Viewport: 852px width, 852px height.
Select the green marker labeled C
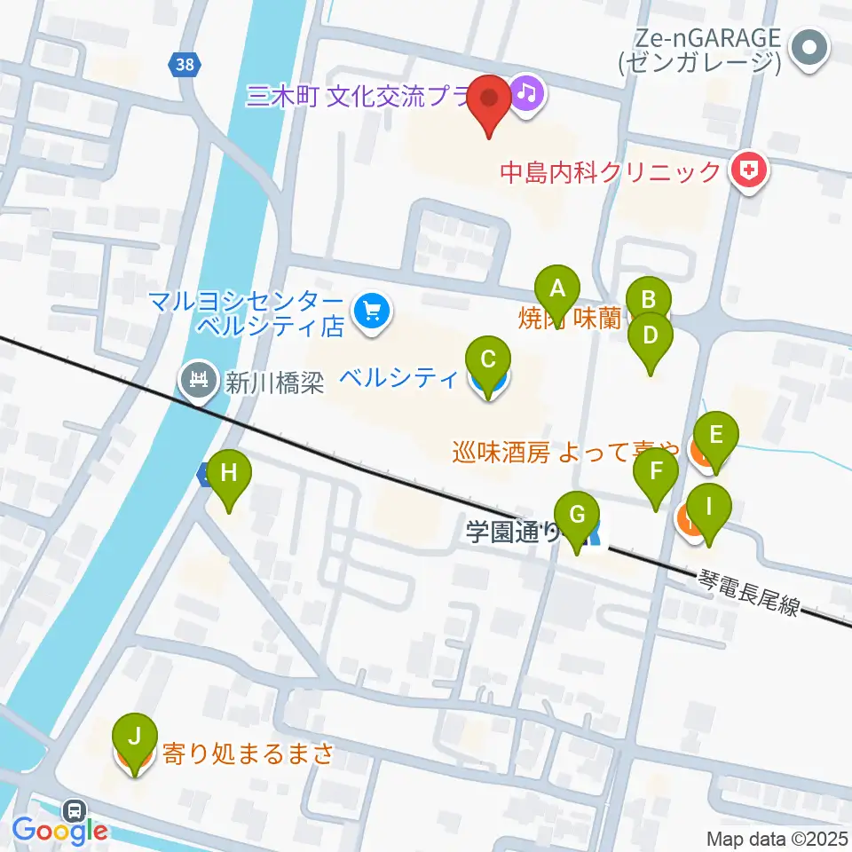tap(487, 360)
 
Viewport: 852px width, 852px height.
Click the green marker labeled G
tap(577, 515)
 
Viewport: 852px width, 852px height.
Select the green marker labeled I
tap(708, 507)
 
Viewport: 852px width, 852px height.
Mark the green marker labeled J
tap(135, 737)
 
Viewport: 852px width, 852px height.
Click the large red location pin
tap(489, 99)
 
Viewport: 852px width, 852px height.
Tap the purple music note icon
tap(527, 92)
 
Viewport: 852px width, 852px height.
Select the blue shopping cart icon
tap(370, 312)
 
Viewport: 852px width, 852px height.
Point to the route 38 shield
tap(185, 64)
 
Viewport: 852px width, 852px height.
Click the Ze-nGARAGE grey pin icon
tap(809, 48)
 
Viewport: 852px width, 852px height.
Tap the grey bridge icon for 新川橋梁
tap(196, 381)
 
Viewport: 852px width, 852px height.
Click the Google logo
tap(59, 831)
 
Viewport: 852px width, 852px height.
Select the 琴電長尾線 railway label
tap(749, 593)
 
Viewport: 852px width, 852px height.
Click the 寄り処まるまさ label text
tap(248, 754)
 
